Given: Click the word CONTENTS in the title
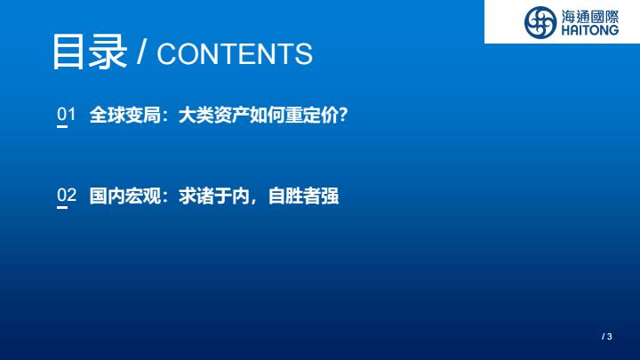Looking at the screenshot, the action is (x=235, y=54).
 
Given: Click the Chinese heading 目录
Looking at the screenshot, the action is (x=90, y=52).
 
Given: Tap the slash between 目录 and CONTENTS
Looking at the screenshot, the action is (x=141, y=52).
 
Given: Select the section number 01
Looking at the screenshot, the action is (x=66, y=114).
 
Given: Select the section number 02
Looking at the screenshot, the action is (x=67, y=195).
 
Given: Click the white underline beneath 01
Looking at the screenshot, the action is (x=62, y=126).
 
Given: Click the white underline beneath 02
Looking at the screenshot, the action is (x=62, y=207).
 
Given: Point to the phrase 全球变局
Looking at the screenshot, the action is (x=125, y=115).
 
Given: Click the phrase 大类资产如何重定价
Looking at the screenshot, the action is (x=259, y=115).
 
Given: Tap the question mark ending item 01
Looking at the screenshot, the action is (x=343, y=115).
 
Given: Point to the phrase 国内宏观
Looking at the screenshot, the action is (x=125, y=196).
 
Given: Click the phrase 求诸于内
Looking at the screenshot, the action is (x=214, y=196).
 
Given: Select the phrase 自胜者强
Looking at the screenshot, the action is (x=303, y=196).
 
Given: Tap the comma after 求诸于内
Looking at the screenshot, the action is (x=255, y=201).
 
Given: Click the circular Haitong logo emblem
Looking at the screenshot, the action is (x=540, y=22).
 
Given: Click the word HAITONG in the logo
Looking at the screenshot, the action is (x=590, y=30).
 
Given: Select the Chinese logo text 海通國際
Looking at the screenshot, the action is (x=590, y=17).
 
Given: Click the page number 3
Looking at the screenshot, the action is (x=610, y=337).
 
